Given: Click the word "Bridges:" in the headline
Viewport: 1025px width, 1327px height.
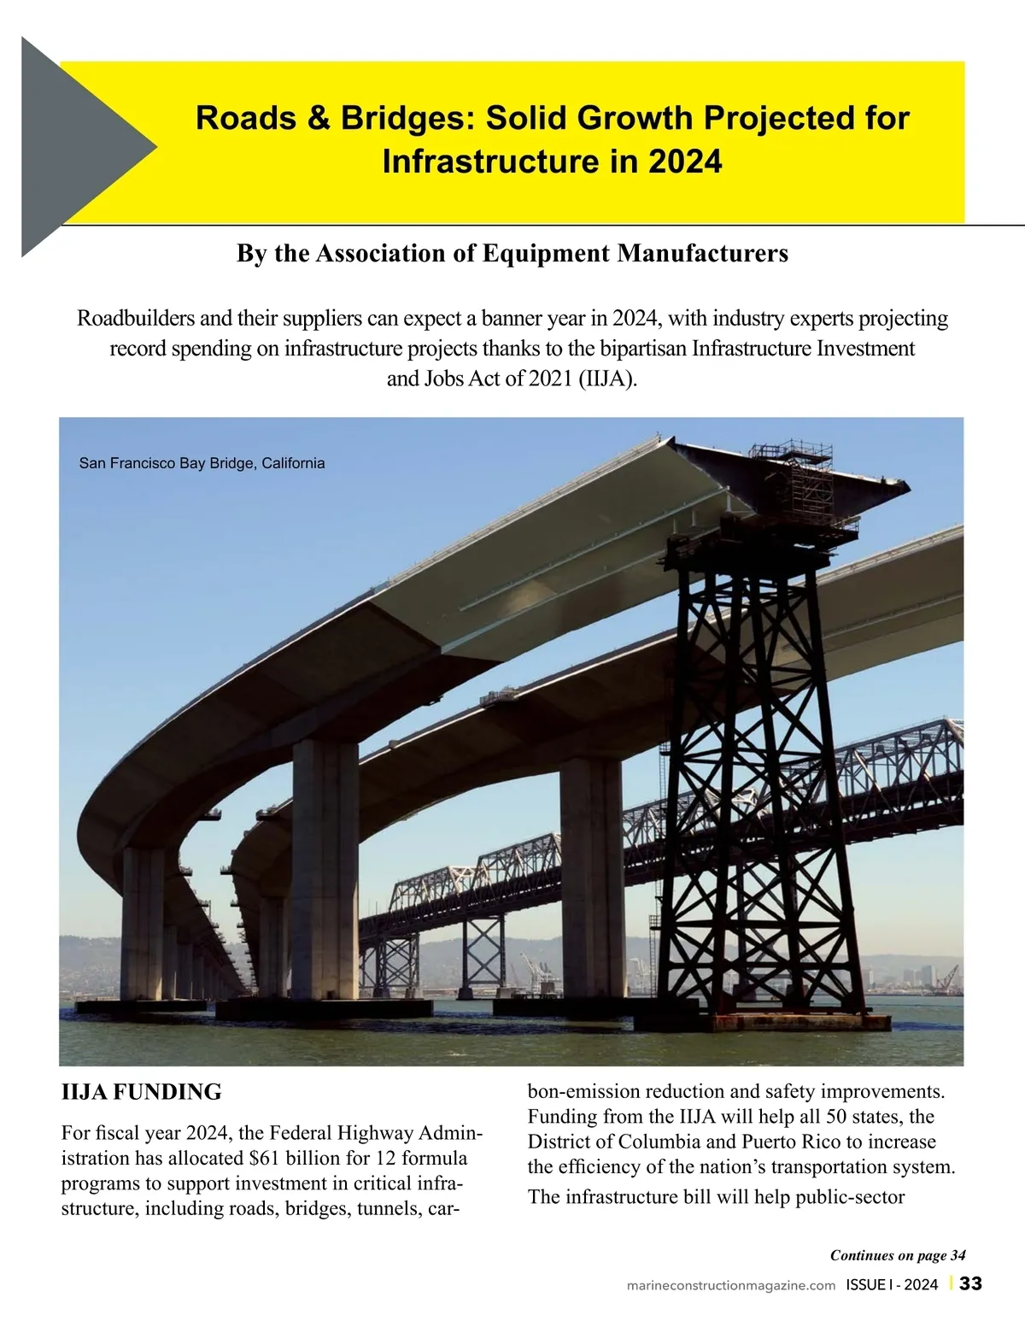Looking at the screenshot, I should point(407,118).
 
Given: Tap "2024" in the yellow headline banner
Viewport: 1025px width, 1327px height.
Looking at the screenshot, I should point(683,161).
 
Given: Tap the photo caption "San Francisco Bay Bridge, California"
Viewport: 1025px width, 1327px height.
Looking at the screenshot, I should point(202,463).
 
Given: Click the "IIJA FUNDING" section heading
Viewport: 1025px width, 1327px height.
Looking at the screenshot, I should point(142,1091).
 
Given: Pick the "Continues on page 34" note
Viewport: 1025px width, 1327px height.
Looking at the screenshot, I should point(898,1255).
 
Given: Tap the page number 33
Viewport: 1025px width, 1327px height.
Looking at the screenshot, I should point(971,1284).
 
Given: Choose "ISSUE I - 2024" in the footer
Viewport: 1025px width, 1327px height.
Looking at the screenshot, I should point(892,1285).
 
